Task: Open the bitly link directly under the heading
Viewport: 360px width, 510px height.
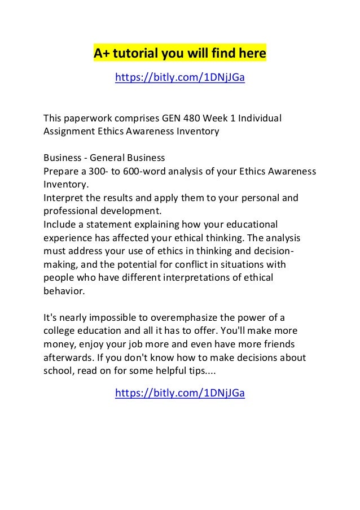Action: (x=179, y=77)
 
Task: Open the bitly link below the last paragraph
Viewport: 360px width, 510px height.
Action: (x=179, y=393)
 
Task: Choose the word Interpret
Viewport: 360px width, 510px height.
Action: (x=63, y=198)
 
